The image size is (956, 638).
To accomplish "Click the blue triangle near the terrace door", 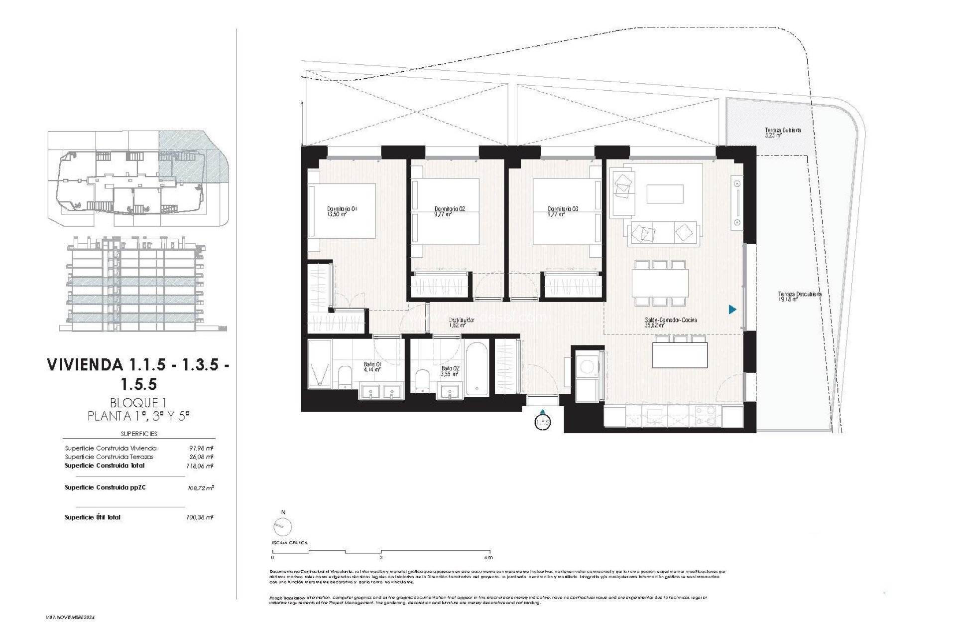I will coord(732,310).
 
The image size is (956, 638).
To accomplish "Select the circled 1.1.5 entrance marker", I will coord(542,423).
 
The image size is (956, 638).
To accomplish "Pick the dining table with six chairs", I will coord(660,283).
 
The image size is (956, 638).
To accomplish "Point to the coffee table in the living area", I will coord(665,194).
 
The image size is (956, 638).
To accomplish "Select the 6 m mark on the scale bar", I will coord(488,557).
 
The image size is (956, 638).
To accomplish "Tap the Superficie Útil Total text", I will coord(93,517).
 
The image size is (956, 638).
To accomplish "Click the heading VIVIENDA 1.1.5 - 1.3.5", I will coord(138,365).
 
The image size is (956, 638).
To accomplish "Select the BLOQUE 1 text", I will coord(137,403).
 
